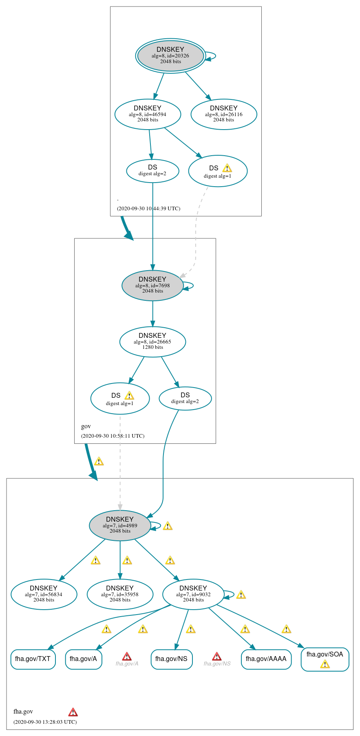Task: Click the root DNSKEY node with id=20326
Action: click(x=170, y=55)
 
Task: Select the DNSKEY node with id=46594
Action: click(x=148, y=114)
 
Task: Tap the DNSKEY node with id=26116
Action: click(x=223, y=114)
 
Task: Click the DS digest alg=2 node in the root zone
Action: click(x=152, y=170)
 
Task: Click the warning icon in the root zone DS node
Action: click(x=227, y=168)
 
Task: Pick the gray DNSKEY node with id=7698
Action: click(x=152, y=285)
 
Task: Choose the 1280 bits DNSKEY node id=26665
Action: click(x=152, y=342)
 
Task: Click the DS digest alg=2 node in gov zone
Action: click(x=185, y=398)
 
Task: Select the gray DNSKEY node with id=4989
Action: click(x=120, y=525)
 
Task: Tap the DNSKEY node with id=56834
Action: click(x=44, y=594)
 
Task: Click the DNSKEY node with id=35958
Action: click(x=120, y=594)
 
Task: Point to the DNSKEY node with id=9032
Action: click(x=193, y=594)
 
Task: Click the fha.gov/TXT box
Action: click(x=33, y=659)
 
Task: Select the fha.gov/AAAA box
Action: click(x=266, y=659)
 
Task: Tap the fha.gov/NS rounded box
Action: click(x=171, y=659)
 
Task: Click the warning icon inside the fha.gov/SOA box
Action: click(x=325, y=665)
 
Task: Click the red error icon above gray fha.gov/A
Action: click(x=127, y=656)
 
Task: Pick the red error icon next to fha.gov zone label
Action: click(x=73, y=712)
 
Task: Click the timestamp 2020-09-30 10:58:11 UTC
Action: click(x=113, y=436)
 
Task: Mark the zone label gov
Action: click(x=86, y=426)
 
